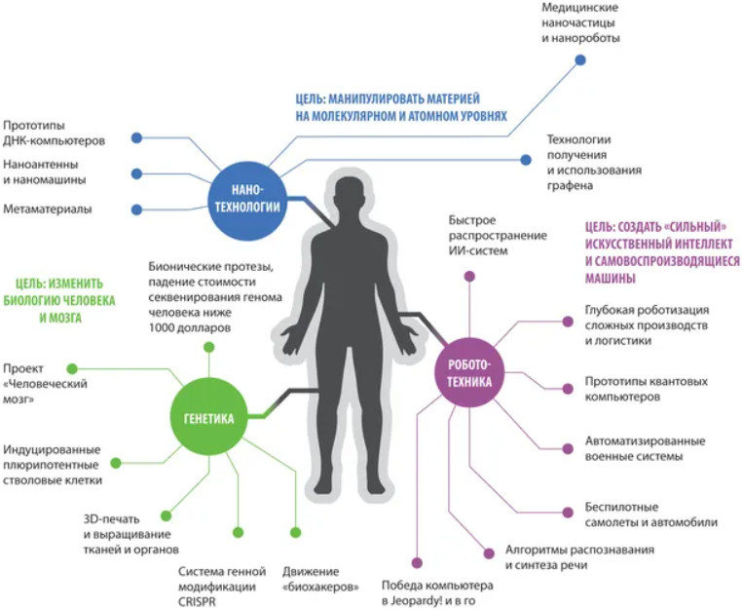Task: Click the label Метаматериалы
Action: click(x=48, y=210)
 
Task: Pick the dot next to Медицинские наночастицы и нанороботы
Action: click(x=580, y=59)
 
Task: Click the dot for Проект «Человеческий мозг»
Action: click(x=71, y=367)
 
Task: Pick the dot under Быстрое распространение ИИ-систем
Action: click(x=470, y=277)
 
